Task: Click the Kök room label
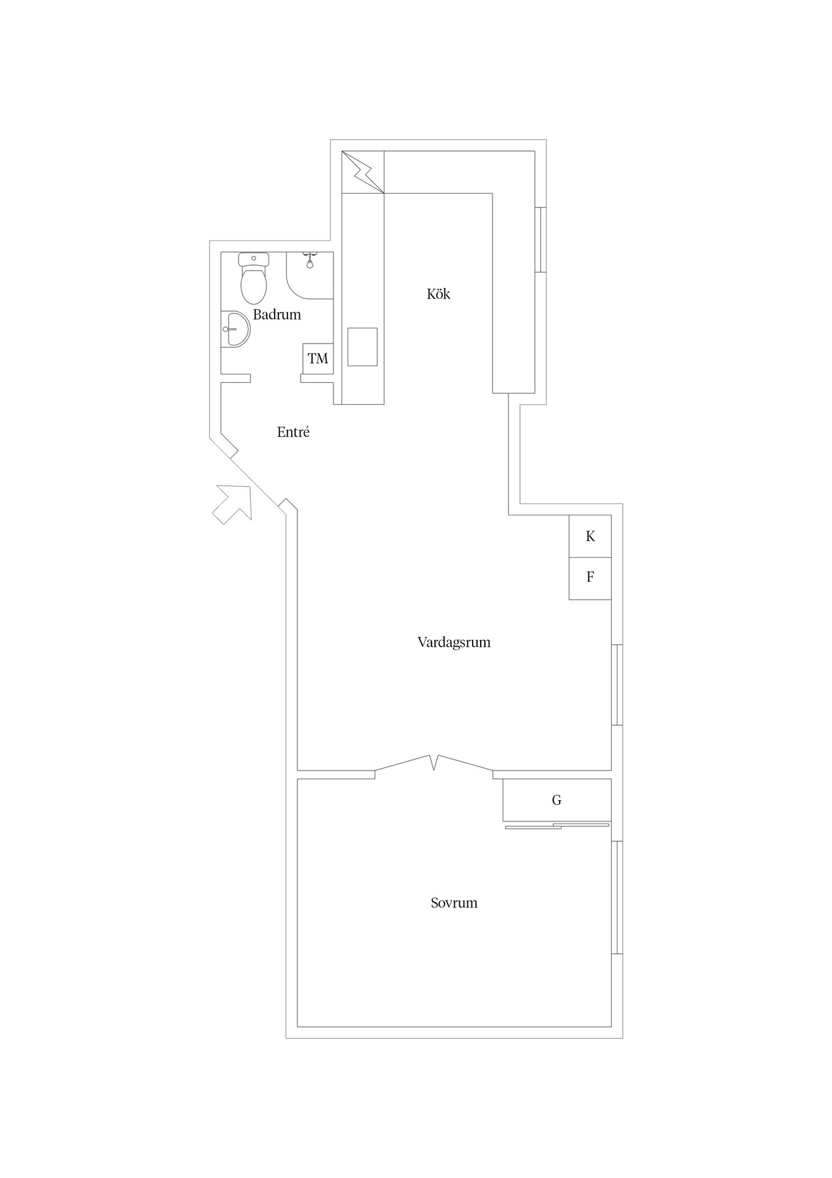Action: [x=438, y=294]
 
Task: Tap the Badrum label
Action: [x=277, y=315]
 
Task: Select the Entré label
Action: [x=293, y=432]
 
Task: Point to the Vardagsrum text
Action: [x=454, y=642]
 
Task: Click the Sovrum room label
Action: [x=454, y=903]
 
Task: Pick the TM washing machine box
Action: [x=318, y=358]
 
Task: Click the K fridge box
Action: [x=590, y=536]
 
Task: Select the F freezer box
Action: [x=590, y=579]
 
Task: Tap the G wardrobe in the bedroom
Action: [x=557, y=800]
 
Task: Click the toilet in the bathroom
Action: [x=254, y=279]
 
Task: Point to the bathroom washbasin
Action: [x=235, y=329]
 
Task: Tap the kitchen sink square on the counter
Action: [x=362, y=347]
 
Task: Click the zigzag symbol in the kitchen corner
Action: [x=363, y=172]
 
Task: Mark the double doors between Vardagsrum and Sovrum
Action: [x=434, y=763]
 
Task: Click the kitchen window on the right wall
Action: [x=540, y=239]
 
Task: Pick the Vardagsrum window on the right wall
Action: [x=617, y=685]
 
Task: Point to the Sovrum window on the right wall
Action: [x=617, y=897]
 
